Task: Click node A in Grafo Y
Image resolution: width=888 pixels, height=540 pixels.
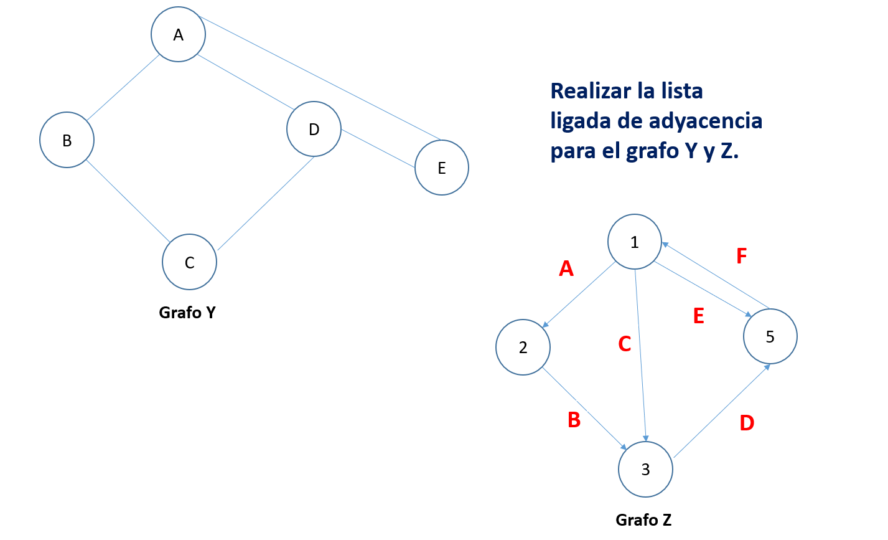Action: pyautogui.click(x=179, y=35)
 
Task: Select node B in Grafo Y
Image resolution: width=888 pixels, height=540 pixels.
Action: pyautogui.click(x=67, y=140)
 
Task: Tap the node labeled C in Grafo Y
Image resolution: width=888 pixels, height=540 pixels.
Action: pyautogui.click(x=190, y=262)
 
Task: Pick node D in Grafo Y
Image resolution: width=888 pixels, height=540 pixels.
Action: pyautogui.click(x=314, y=129)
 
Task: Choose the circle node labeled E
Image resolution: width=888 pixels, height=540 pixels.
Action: pyautogui.click(x=442, y=168)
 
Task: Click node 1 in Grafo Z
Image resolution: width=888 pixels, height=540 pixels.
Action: pyautogui.click(x=635, y=242)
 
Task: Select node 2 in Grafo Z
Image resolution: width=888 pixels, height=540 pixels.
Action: pyautogui.click(x=523, y=348)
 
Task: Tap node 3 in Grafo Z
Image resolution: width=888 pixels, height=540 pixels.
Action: pyautogui.click(x=646, y=470)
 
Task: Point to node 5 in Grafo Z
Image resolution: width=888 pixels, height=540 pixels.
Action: pyautogui.click(x=770, y=337)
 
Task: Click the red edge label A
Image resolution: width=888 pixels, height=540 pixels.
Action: pyautogui.click(x=566, y=268)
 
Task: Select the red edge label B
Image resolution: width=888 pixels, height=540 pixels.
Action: pyautogui.click(x=574, y=420)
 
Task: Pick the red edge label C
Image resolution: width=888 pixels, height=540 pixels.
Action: pyautogui.click(x=625, y=344)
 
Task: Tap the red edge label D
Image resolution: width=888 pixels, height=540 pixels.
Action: pyautogui.click(x=747, y=423)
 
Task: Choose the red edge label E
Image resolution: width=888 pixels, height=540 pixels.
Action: pyautogui.click(x=699, y=316)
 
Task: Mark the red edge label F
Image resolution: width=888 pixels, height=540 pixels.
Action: pyautogui.click(x=741, y=256)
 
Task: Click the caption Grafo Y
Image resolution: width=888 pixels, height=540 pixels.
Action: pyautogui.click(x=187, y=312)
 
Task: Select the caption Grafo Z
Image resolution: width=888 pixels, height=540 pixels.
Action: pyautogui.click(x=643, y=519)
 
